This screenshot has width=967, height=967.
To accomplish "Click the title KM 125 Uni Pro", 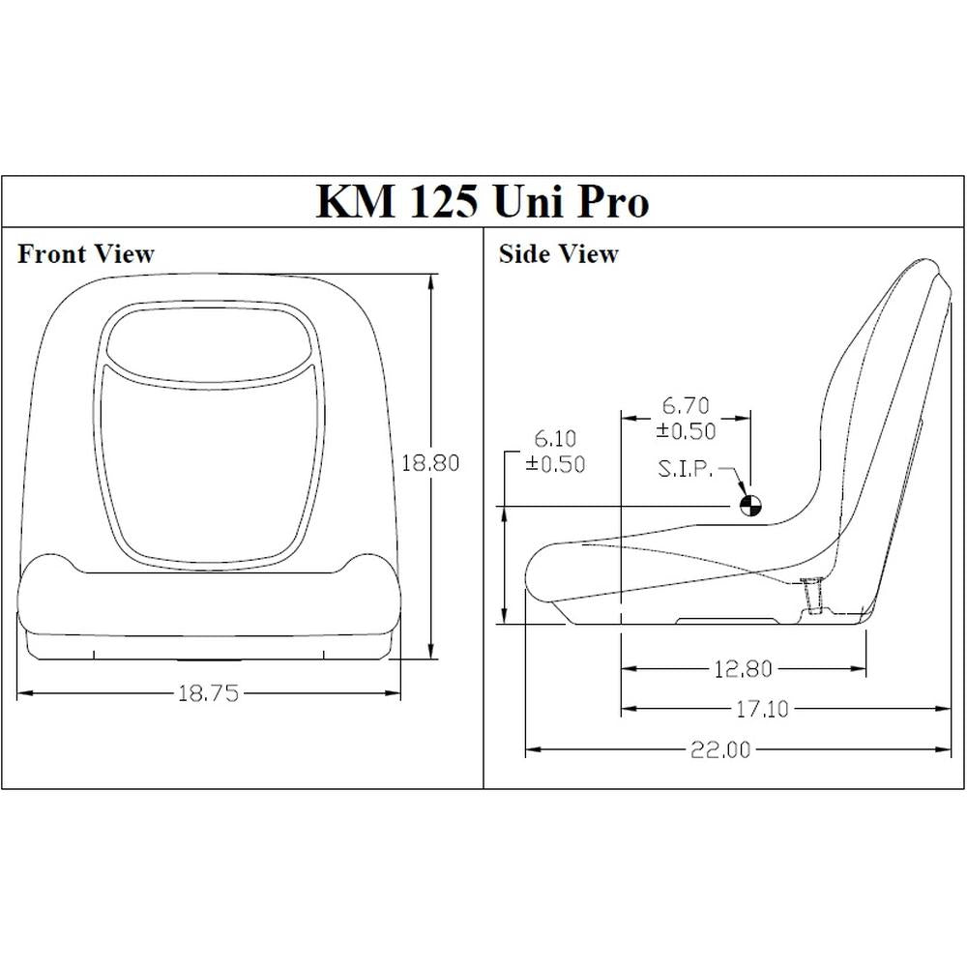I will tap(483, 201).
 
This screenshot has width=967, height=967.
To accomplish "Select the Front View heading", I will tap(86, 254).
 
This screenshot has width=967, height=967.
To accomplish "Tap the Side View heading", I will tap(558, 254).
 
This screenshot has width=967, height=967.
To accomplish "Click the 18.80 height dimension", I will tap(429, 462).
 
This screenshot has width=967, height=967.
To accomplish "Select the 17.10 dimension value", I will tap(762, 710).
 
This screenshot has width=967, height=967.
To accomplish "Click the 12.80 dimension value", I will tap(744, 668).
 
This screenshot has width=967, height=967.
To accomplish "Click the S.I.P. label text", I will tap(687, 469).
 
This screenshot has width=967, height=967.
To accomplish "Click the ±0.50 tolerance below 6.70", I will tap(689, 431).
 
